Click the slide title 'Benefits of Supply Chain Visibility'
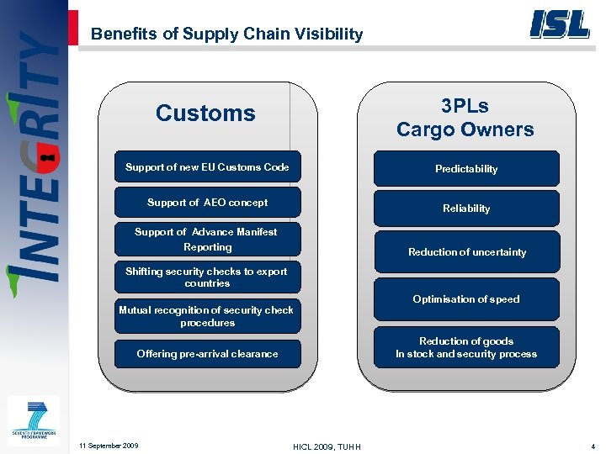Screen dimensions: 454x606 226,34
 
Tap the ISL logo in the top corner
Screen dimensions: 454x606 559,24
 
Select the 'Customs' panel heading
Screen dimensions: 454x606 205,113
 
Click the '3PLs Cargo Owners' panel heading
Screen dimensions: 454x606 465,118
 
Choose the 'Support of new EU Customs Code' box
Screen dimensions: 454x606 207,167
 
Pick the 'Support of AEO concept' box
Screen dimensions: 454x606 207,203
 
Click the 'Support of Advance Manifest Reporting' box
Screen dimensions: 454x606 207,239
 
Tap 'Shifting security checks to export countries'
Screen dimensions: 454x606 207,277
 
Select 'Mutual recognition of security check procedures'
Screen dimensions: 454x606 207,316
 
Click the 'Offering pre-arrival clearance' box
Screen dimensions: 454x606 207,354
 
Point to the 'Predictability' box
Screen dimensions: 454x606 466,169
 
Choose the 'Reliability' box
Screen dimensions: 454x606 466,209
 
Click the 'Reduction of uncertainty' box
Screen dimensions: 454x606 466,252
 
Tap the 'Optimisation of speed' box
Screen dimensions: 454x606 466,299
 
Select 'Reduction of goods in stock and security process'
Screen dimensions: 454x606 466,347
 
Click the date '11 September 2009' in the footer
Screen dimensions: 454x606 108,445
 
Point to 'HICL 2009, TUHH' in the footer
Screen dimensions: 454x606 327,446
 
